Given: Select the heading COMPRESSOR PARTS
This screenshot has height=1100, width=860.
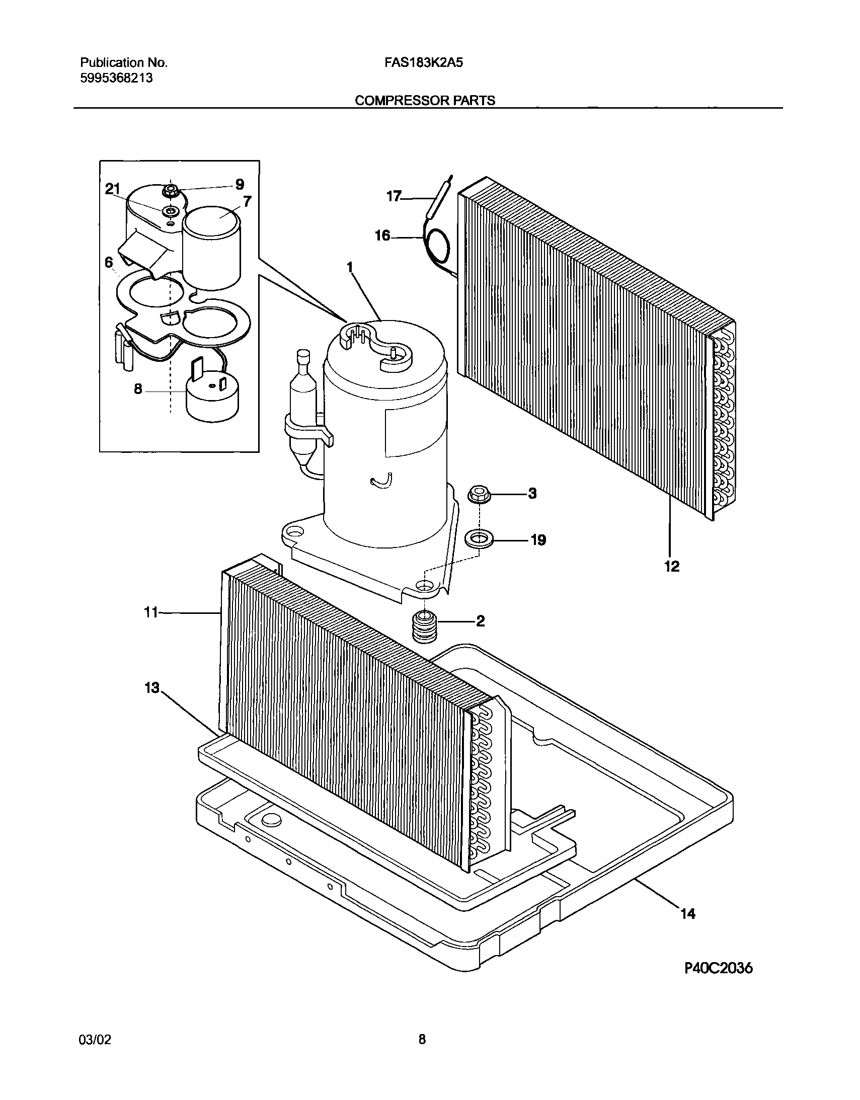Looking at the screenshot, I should pyautogui.click(x=425, y=101).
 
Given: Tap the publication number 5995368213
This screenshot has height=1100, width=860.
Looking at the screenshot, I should pyautogui.click(x=116, y=78).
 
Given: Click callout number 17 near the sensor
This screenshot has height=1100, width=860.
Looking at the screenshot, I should pyautogui.click(x=394, y=196).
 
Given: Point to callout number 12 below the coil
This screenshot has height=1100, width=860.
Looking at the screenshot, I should pyautogui.click(x=672, y=567).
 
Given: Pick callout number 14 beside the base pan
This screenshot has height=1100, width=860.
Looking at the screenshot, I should pyautogui.click(x=688, y=913).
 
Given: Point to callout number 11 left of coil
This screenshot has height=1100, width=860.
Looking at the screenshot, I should pyautogui.click(x=151, y=612).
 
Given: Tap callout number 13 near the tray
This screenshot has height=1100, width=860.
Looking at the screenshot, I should pyautogui.click(x=152, y=688).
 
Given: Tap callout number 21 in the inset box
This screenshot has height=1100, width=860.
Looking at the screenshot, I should pyautogui.click(x=112, y=189).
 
